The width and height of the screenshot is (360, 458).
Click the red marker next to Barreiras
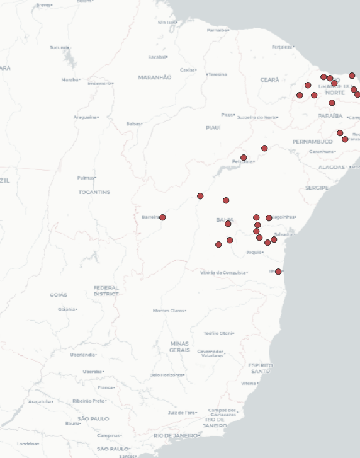coord(162,217)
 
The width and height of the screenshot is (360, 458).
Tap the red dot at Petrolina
coord(244,157)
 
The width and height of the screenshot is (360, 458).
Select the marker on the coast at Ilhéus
coord(278,272)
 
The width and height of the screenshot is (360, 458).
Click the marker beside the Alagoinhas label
coord(269,218)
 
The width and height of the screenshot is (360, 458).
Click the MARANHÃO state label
coord(154,77)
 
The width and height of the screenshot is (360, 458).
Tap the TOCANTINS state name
coord(94,192)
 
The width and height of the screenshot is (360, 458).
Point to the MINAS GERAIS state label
coord(179,346)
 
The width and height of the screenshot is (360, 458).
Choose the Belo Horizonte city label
coord(166,375)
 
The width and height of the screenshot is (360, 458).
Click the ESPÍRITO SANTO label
coord(261,368)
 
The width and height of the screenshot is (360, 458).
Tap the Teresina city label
coord(217,74)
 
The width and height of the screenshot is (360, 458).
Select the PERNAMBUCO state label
coord(312,142)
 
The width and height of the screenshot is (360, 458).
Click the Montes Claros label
coord(169,311)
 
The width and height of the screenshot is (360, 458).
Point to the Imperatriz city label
coord(99,83)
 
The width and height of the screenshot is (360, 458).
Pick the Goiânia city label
coord(66,309)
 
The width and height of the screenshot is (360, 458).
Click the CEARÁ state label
coord(269,80)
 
